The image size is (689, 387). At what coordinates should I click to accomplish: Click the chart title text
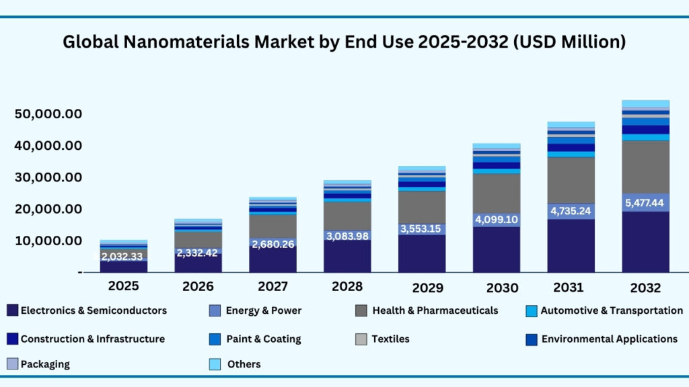344,42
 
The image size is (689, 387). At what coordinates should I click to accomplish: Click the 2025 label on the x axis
124,286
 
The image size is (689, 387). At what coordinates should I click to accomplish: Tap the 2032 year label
645,288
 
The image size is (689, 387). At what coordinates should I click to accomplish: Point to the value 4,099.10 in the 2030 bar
496,220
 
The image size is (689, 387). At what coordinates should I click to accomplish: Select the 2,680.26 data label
273,244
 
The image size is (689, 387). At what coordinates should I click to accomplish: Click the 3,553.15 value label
421,228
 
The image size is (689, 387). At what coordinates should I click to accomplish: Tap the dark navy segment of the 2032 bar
645,242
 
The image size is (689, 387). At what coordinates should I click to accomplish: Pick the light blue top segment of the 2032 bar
645,103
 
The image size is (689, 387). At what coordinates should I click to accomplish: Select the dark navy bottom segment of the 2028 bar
347,256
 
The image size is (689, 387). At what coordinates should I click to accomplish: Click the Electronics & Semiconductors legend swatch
12,310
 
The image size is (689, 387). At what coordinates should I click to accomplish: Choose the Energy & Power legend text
264,310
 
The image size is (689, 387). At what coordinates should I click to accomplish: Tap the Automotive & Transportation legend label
612,310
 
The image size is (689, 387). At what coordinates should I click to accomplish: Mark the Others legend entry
244,364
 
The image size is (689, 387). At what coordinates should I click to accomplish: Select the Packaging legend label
45,364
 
